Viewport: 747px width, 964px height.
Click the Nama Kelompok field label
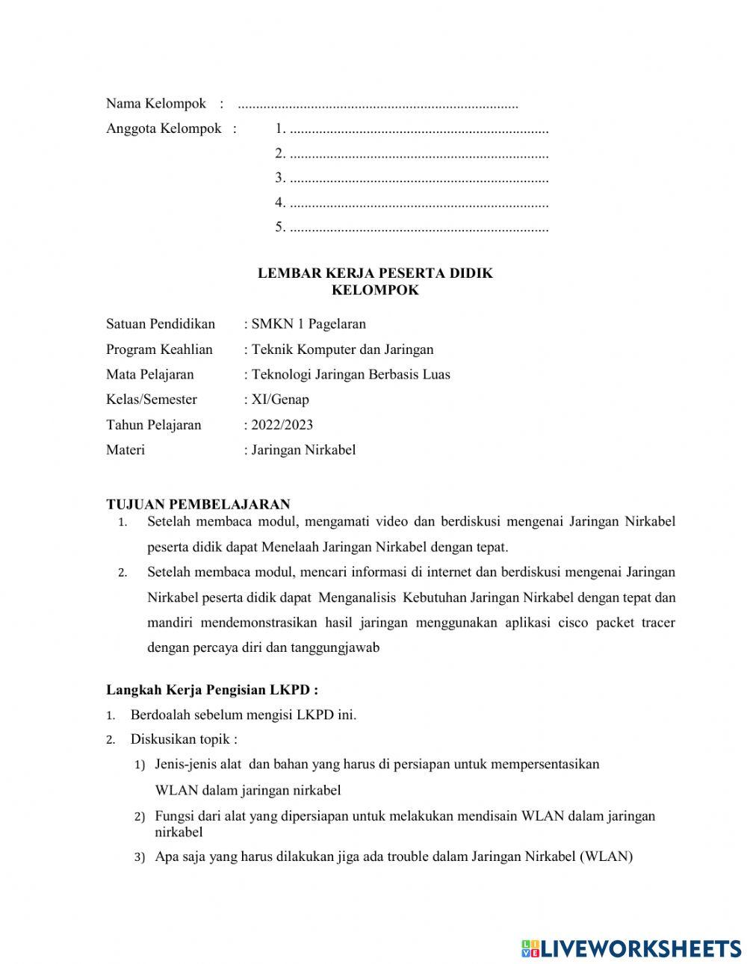[x=155, y=103]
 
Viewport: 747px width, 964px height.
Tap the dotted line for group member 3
[x=418, y=178]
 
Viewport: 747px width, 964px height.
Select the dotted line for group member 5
[x=418, y=228]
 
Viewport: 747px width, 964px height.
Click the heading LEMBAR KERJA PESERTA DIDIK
[x=375, y=273]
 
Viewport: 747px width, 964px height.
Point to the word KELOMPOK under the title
[x=375, y=290]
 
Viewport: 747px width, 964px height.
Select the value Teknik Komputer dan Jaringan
[x=342, y=349]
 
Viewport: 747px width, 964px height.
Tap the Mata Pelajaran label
[x=149, y=375]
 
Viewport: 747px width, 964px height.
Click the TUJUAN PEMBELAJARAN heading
[x=198, y=505]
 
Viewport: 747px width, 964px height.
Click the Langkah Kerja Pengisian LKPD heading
[x=211, y=690]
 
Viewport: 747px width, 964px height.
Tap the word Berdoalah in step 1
[x=161, y=715]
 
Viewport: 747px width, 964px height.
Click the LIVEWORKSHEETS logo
[x=631, y=948]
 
